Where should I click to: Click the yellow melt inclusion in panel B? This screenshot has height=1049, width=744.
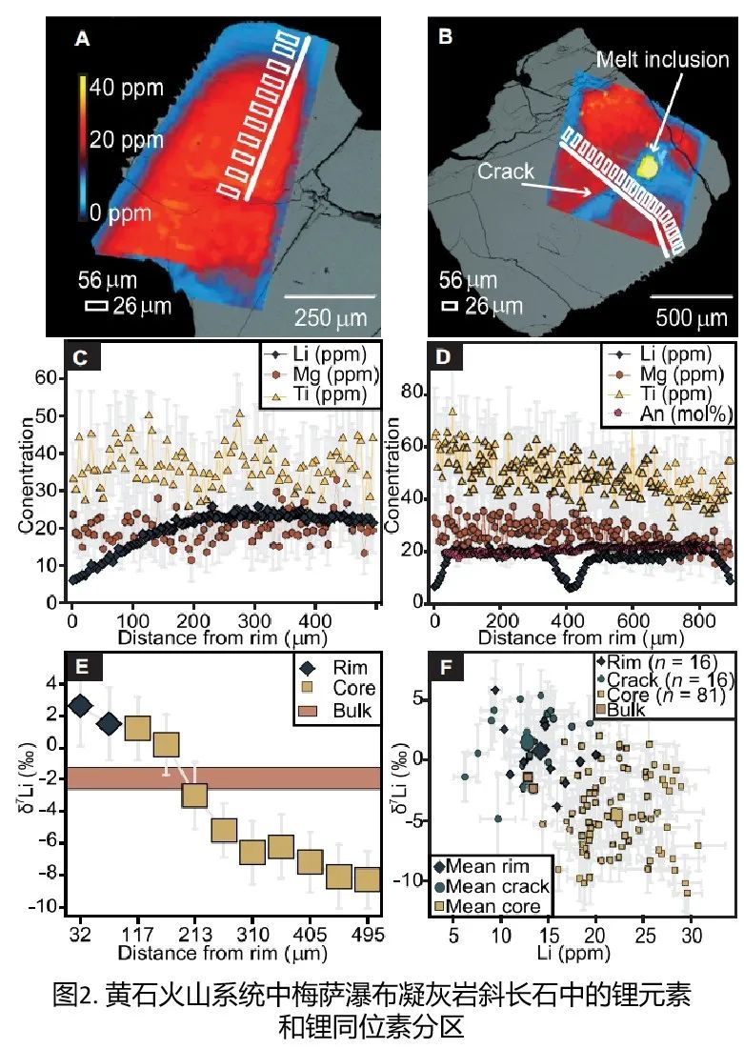tap(650, 165)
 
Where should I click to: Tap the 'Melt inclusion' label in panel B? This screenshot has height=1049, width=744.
tap(662, 59)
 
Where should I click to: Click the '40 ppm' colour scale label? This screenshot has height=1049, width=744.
tap(126, 88)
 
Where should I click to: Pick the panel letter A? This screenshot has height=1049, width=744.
tap(82, 39)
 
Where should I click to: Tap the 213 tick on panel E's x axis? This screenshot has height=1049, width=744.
tap(194, 929)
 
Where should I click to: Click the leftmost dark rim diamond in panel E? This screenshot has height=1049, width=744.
tap(80, 706)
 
